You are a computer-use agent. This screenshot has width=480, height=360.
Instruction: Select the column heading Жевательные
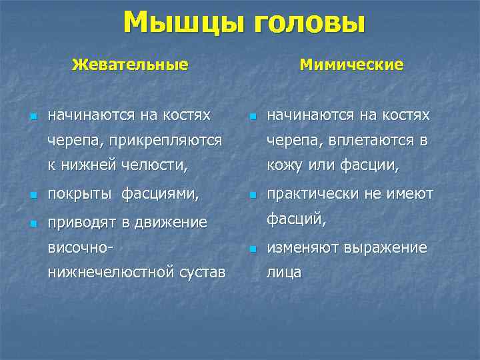click(130, 65)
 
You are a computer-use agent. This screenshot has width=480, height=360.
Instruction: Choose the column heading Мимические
click(351, 65)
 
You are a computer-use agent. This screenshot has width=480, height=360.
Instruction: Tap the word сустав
click(201, 272)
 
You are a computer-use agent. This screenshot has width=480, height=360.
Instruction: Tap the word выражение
click(386, 247)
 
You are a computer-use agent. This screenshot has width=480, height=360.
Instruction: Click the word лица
click(284, 272)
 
